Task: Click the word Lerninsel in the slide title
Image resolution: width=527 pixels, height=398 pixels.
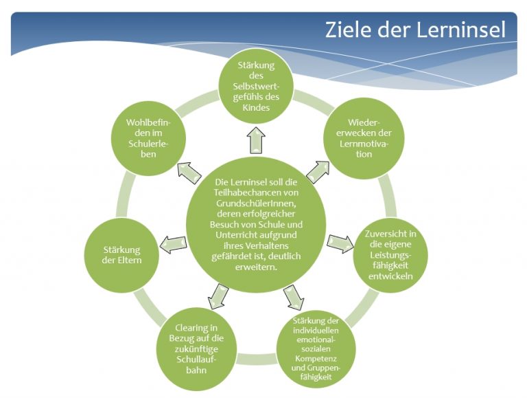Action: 461,30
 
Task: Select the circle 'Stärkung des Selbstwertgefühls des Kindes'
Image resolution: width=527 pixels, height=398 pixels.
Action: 256,86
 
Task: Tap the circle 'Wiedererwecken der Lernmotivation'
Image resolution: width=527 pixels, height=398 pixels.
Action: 364,138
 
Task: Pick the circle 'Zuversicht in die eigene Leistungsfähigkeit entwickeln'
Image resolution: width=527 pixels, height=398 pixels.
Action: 390,255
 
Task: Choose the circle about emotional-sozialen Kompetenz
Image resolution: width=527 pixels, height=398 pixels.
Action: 316,349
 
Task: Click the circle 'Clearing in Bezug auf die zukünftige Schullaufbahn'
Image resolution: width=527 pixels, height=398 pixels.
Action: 197,349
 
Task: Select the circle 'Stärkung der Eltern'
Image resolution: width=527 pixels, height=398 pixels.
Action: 121,255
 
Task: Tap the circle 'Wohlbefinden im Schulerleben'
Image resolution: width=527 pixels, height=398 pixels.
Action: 148,138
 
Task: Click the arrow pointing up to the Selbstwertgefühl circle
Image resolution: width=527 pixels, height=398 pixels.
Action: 256,140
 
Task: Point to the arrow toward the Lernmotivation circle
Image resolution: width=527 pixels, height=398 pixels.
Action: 318,172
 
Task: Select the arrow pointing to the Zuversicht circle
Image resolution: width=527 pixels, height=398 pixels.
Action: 340,243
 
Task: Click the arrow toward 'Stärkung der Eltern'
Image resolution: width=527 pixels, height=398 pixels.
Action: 173,244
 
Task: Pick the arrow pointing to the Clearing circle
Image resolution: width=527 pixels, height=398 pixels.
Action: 218,296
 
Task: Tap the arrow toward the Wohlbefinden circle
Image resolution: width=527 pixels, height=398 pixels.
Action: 189,173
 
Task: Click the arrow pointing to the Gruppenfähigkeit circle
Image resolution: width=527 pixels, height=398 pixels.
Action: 294,297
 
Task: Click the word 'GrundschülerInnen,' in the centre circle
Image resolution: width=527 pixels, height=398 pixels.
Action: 256,203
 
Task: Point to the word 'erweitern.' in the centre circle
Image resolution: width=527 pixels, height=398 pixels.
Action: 256,267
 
